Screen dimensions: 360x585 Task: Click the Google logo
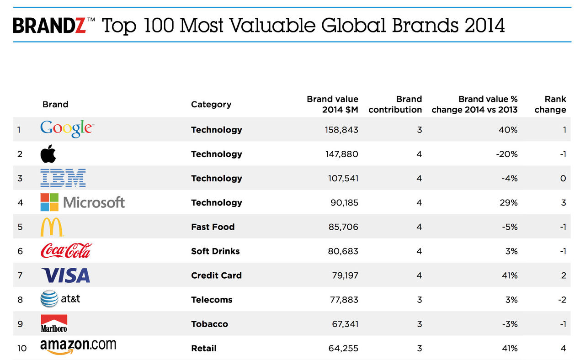66,129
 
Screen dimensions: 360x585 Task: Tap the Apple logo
48,154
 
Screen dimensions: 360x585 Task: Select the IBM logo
63,178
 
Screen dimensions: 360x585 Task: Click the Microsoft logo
83,202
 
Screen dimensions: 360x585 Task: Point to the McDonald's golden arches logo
52,227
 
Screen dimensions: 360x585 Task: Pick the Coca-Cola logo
66,251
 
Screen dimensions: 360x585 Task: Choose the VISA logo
65,275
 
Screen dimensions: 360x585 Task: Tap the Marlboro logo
54,323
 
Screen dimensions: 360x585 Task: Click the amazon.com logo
78,347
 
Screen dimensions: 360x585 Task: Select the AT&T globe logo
49,299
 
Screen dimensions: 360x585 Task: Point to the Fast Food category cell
213,227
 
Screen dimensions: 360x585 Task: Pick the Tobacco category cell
210,324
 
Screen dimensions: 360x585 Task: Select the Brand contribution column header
395,104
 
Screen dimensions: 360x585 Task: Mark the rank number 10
22,348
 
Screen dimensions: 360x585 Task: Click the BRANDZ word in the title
49,26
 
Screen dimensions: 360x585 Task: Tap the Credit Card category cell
216,275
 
